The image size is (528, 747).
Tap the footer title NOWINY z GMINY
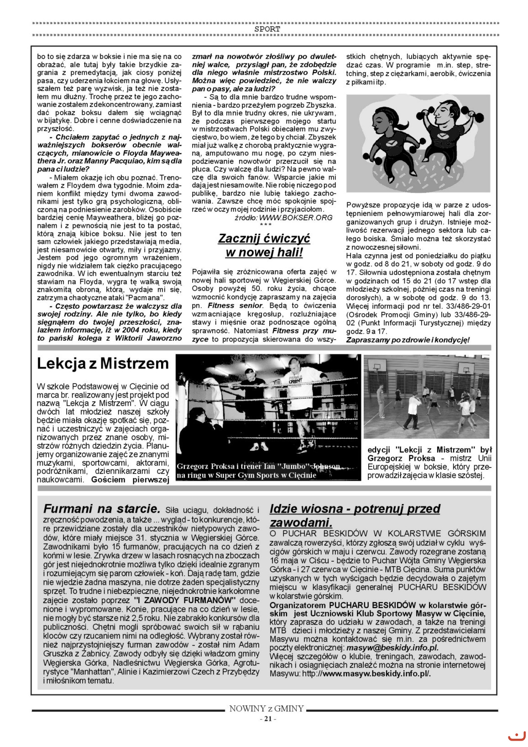(x=267, y=709)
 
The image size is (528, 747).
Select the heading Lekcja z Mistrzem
(x=103, y=363)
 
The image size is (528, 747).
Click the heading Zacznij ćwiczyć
(x=264, y=238)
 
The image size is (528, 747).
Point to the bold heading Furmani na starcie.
(x=101, y=509)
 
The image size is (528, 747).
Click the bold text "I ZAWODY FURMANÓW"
(x=186, y=600)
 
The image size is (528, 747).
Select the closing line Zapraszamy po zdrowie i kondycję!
(x=408, y=340)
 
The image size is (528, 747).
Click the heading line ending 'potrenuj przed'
(x=355, y=509)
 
